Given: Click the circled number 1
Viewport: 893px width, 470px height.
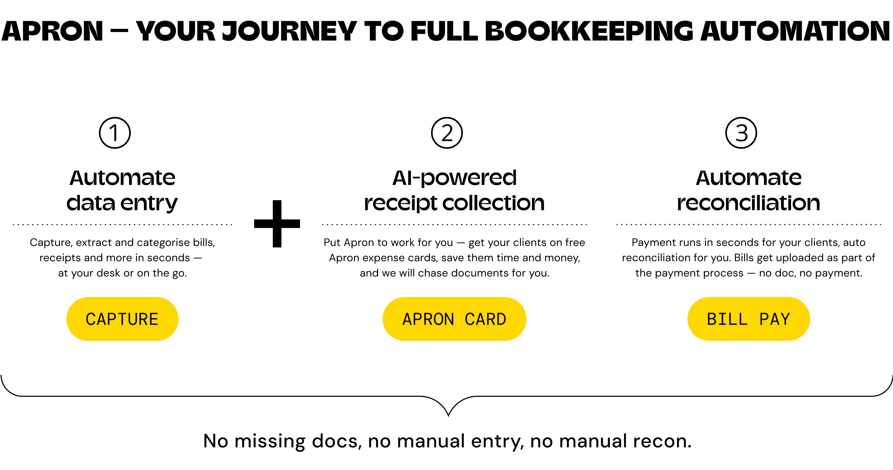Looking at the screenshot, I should (x=115, y=133).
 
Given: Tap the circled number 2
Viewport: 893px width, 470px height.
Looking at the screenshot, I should (x=447, y=133).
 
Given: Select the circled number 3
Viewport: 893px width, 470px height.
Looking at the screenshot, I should (x=741, y=133).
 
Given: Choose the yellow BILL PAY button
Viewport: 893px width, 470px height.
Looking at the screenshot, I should (x=748, y=319).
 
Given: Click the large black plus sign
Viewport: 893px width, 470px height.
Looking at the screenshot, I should (x=277, y=224).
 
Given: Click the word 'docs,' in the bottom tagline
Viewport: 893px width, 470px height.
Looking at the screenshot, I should (x=337, y=441).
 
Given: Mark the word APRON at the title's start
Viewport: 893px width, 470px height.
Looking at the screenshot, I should (x=52, y=31).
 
